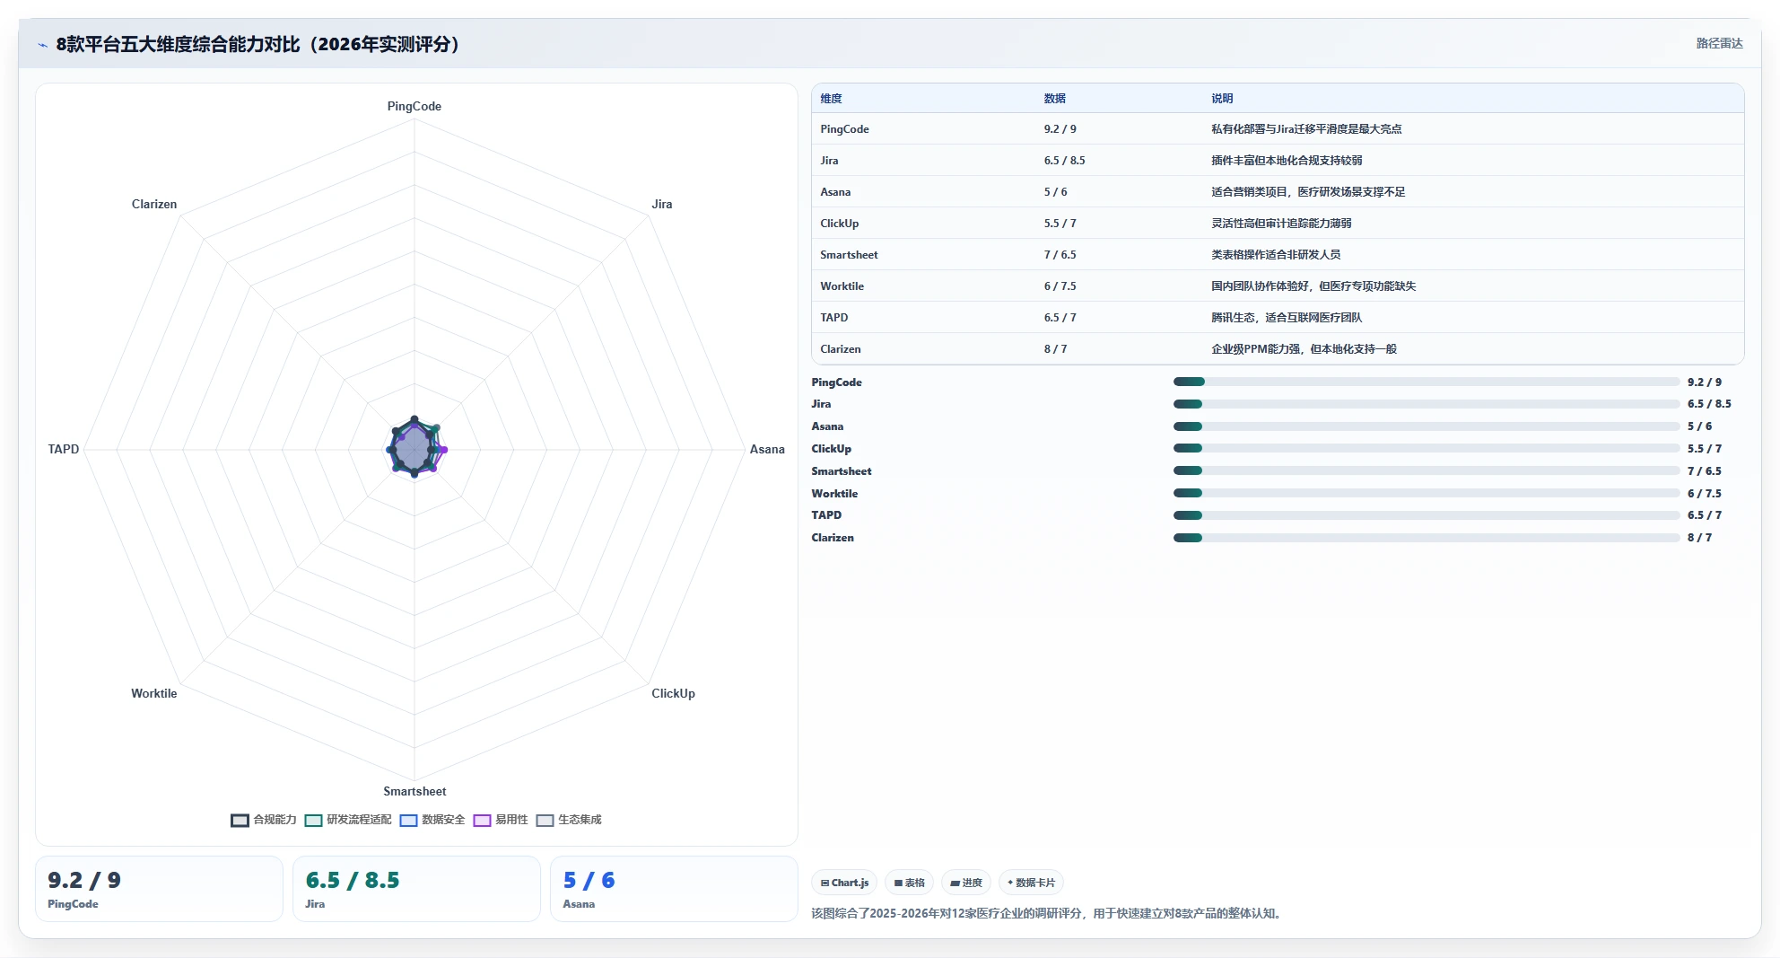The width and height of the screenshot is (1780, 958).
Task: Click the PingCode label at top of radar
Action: point(414,106)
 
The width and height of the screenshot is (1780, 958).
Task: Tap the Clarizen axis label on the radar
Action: point(154,204)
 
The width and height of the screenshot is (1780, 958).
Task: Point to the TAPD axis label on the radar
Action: point(64,449)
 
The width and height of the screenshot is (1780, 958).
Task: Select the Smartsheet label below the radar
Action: point(414,791)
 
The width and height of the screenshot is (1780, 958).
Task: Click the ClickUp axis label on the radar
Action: point(673,693)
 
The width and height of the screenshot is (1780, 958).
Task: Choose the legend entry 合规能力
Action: point(264,820)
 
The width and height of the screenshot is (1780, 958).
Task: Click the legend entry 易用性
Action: point(501,820)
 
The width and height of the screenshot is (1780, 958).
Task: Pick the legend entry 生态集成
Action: point(569,820)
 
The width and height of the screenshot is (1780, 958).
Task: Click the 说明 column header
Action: point(1222,99)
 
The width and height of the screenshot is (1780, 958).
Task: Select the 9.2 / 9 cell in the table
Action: point(1060,129)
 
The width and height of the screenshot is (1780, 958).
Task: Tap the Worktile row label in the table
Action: point(842,286)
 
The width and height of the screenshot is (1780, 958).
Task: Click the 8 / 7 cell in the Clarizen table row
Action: point(1055,349)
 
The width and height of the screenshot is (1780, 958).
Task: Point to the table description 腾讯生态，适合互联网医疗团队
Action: point(1287,318)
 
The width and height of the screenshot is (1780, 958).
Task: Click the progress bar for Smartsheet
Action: point(1427,470)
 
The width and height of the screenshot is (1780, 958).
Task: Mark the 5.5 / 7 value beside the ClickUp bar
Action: point(1704,449)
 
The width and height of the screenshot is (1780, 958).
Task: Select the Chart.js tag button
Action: point(844,883)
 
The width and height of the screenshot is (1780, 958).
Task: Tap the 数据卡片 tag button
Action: point(1031,883)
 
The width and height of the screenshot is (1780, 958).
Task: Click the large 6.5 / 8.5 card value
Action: point(353,880)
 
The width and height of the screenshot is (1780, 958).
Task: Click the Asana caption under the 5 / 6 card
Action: point(579,904)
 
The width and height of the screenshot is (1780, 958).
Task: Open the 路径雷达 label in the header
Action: point(1719,43)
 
